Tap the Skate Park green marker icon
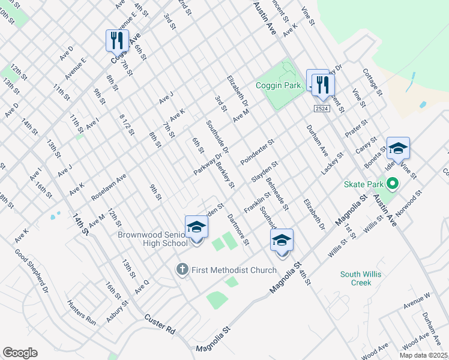tap(393, 184)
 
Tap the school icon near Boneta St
tap(398, 148)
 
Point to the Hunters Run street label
tap(82, 312)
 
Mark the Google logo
tap(20, 353)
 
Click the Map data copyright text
tap(424, 355)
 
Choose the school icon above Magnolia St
tap(282, 240)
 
